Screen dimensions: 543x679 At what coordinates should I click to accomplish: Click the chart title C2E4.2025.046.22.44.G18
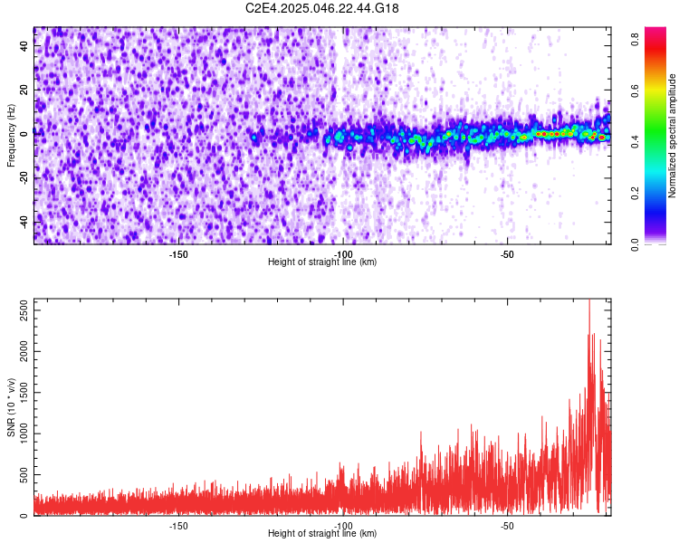click(x=322, y=8)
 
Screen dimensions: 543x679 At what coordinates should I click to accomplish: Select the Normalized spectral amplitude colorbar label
click(x=673, y=136)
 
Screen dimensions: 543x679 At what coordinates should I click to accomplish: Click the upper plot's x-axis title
click(x=322, y=262)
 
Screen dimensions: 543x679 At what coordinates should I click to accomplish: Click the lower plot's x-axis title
click(x=322, y=533)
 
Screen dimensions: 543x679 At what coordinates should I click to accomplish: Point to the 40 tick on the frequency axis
click(x=25, y=46)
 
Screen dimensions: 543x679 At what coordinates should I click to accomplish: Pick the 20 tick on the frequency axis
click(x=25, y=90)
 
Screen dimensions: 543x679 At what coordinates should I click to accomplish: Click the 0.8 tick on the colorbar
click(x=636, y=38)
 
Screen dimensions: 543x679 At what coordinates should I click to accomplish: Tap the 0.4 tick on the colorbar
click(x=636, y=141)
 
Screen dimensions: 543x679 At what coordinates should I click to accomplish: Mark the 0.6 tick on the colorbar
click(x=636, y=90)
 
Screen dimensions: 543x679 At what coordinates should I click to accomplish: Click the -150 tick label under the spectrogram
click(x=178, y=254)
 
